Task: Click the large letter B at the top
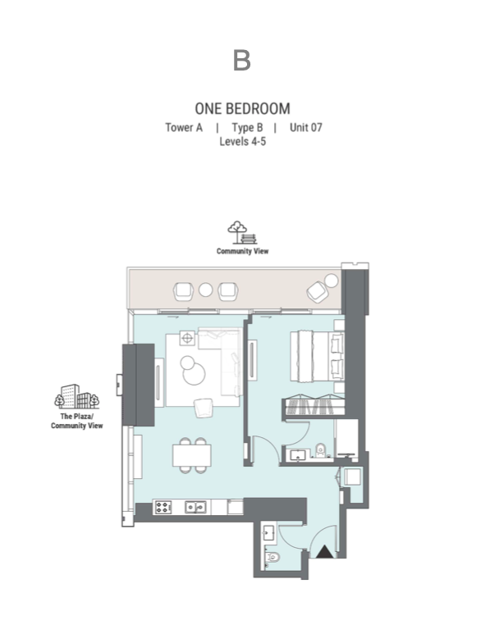241,61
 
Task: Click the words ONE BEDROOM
243,108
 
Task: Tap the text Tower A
184,128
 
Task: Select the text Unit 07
305,128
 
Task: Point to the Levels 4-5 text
243,141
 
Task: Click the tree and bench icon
242,233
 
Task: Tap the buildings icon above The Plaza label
77,397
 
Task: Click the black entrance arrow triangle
325,551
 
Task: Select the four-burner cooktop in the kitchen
163,507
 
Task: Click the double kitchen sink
195,507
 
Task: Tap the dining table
192,455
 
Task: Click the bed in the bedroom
317,356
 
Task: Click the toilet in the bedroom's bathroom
320,450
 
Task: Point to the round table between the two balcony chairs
205,290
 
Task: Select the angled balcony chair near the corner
317,292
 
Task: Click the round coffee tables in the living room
192,370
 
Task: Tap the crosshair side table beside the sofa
187,338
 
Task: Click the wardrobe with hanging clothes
314,406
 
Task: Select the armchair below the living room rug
204,408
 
